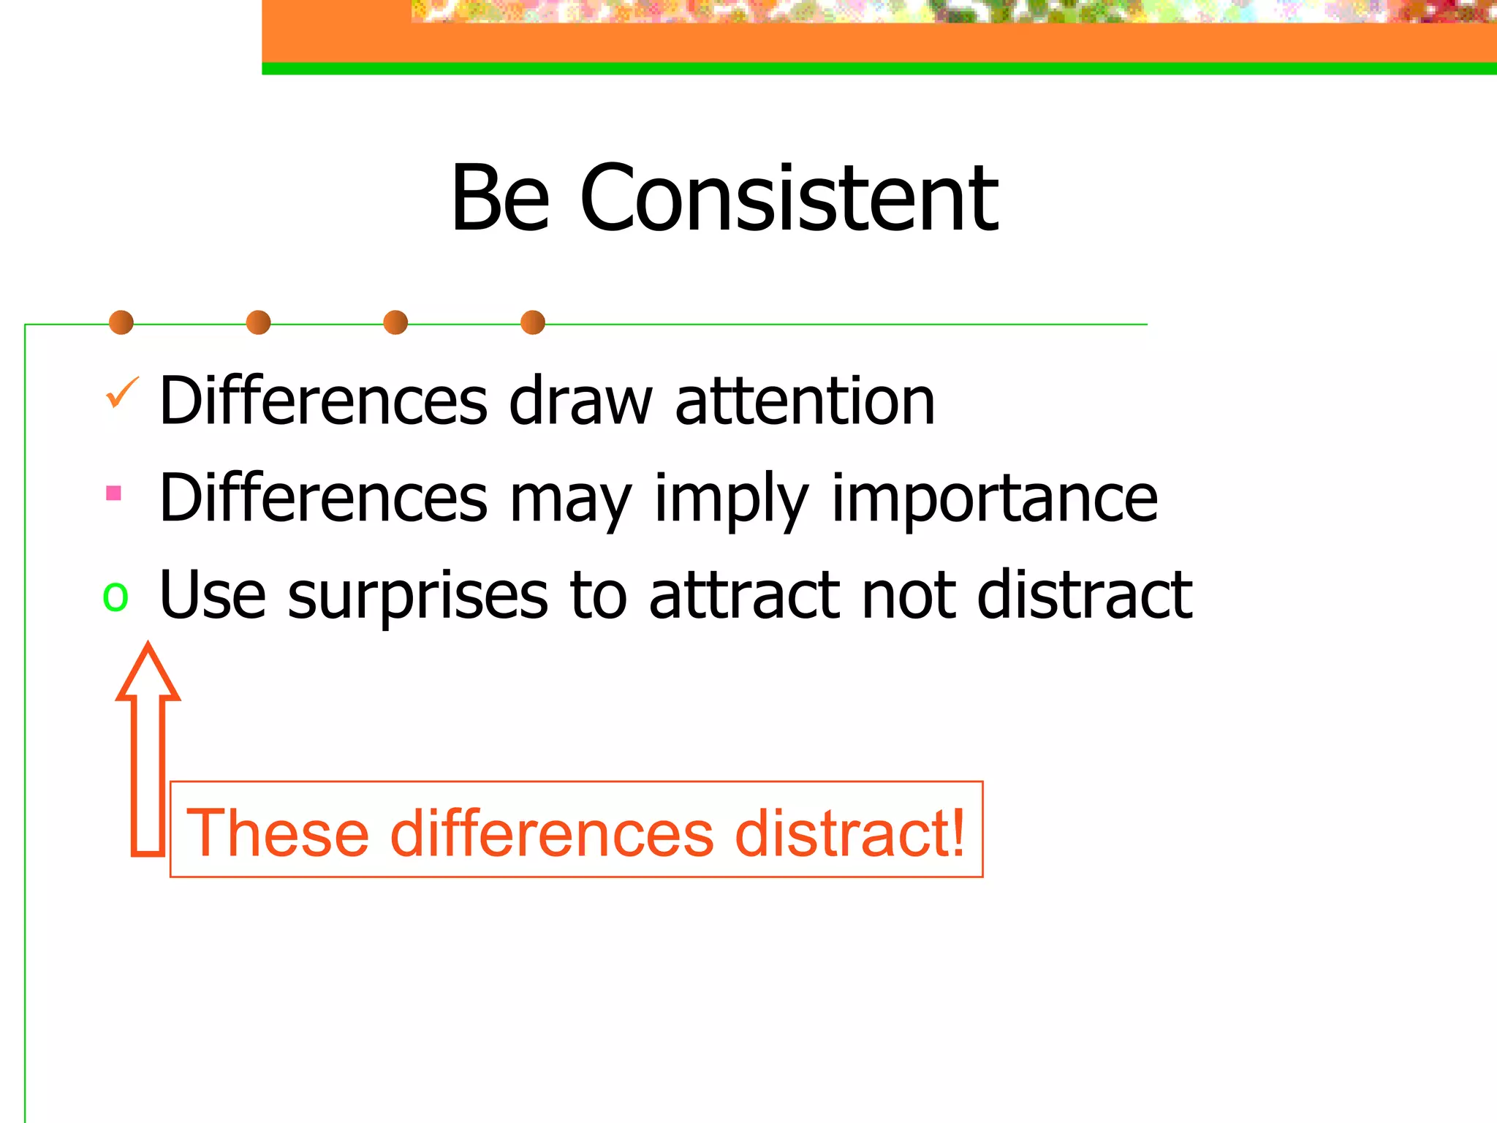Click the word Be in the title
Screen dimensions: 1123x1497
[x=500, y=199]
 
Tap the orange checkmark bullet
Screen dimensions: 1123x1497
[x=121, y=393]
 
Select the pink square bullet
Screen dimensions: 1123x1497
[x=113, y=493]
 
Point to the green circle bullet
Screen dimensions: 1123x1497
[x=115, y=596]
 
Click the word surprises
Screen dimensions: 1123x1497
[x=417, y=595]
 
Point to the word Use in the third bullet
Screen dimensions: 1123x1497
[x=212, y=595]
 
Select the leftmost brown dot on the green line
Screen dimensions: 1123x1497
[x=121, y=322]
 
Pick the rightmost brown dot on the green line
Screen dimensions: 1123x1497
[x=533, y=322]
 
